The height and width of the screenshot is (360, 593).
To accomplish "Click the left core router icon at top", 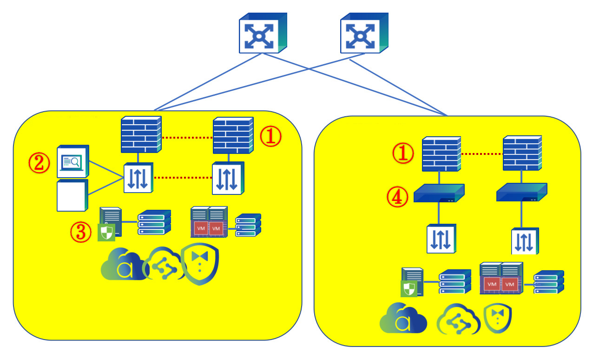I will pyautogui.click(x=263, y=33).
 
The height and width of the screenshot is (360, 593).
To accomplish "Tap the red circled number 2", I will pyautogui.click(x=39, y=163).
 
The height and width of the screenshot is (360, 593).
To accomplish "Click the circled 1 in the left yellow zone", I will pyautogui.click(x=270, y=137).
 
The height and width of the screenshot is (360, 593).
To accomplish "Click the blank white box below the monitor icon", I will pyautogui.click(x=72, y=196).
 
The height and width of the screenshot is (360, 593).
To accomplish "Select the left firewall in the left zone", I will pyautogui.click(x=141, y=134).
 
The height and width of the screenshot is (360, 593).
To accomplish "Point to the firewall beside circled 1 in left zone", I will pyautogui.click(x=232, y=135).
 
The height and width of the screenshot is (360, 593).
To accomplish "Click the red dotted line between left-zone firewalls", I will pyautogui.click(x=187, y=138).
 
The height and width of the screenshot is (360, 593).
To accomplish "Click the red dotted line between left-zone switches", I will pyautogui.click(x=182, y=177).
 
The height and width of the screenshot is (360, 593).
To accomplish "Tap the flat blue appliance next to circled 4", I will pyautogui.click(x=439, y=193).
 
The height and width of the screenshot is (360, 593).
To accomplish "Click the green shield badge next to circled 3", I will pyautogui.click(x=106, y=233).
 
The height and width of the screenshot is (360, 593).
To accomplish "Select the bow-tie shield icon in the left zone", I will pyautogui.click(x=200, y=265).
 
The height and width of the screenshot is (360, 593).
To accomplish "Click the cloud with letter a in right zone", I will pyautogui.click(x=403, y=319).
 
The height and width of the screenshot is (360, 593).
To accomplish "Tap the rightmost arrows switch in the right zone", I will pyautogui.click(x=525, y=241).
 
